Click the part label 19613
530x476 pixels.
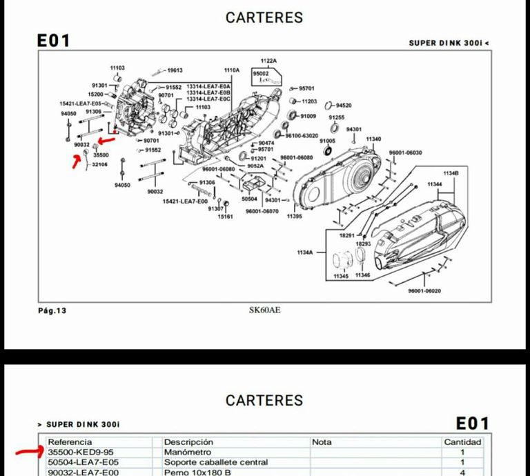(174, 70)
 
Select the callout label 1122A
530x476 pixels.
(268, 61)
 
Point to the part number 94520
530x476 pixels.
(342, 106)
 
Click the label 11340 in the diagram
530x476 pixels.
(373, 139)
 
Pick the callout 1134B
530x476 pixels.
(451, 172)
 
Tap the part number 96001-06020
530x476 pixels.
(424, 290)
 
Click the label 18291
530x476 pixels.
(346, 235)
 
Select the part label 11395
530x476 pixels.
(294, 217)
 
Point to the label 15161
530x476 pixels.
(226, 217)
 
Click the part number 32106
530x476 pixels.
(100, 165)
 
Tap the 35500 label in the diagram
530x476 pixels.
(101, 155)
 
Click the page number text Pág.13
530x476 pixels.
(52, 310)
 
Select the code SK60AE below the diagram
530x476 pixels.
(264, 310)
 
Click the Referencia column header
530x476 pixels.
(70, 442)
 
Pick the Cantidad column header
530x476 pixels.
(462, 442)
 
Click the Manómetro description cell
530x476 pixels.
(187, 452)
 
